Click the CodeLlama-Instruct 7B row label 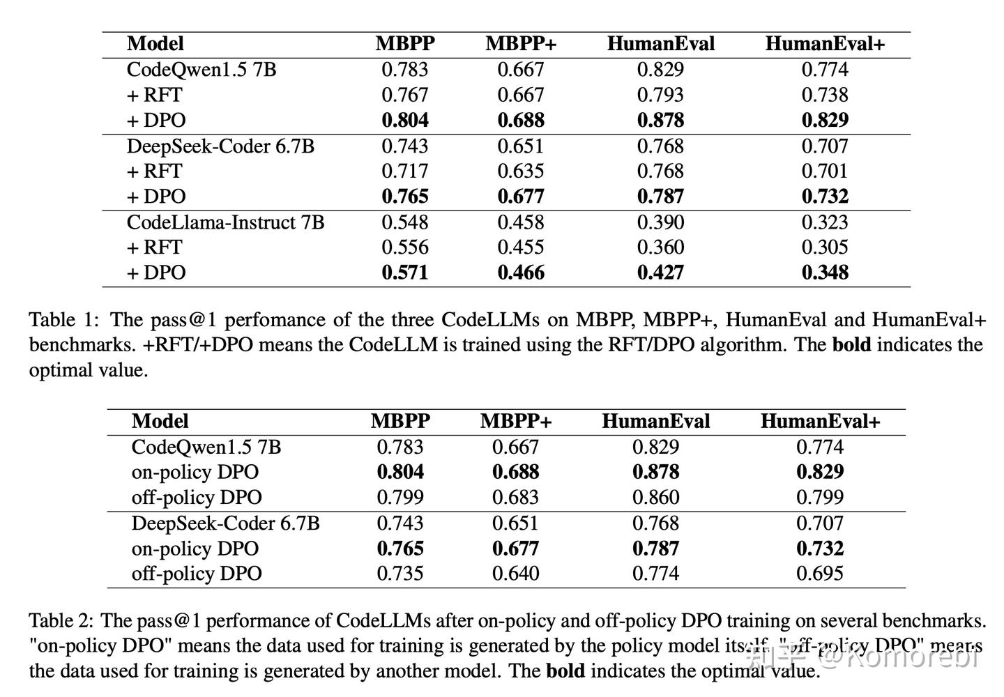(x=225, y=222)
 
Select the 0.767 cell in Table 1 (x=405, y=95)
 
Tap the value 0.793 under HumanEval (x=660, y=95)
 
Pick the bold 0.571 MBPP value (x=405, y=273)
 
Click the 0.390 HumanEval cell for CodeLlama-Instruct (x=660, y=222)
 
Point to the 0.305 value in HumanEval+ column (x=825, y=247)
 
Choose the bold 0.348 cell (x=825, y=273)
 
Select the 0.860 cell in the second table (x=655, y=498)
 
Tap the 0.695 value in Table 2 (x=820, y=574)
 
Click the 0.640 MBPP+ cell (x=516, y=574)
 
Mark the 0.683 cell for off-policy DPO (x=516, y=498)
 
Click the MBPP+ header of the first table (x=522, y=44)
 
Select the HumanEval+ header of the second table (x=820, y=422)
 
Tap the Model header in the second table (x=160, y=422)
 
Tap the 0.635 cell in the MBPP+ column (x=521, y=171)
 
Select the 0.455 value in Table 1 (x=521, y=247)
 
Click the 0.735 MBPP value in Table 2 (x=400, y=574)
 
